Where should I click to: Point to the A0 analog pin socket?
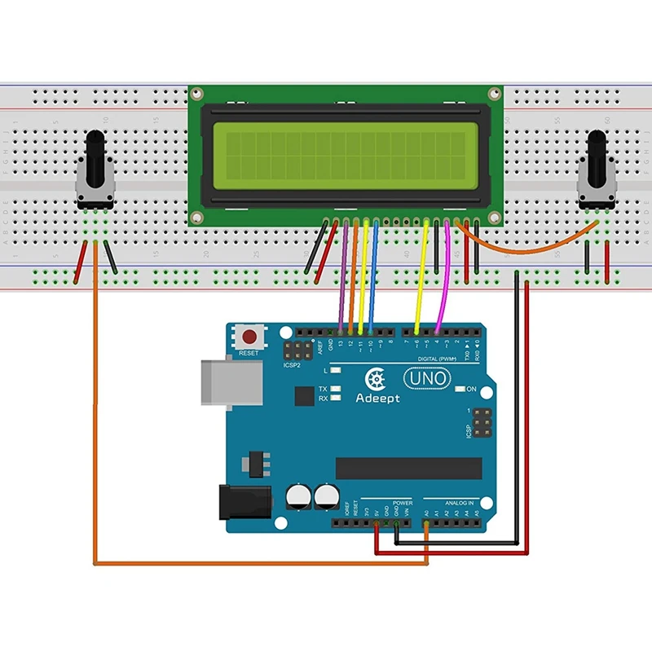point(426,523)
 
